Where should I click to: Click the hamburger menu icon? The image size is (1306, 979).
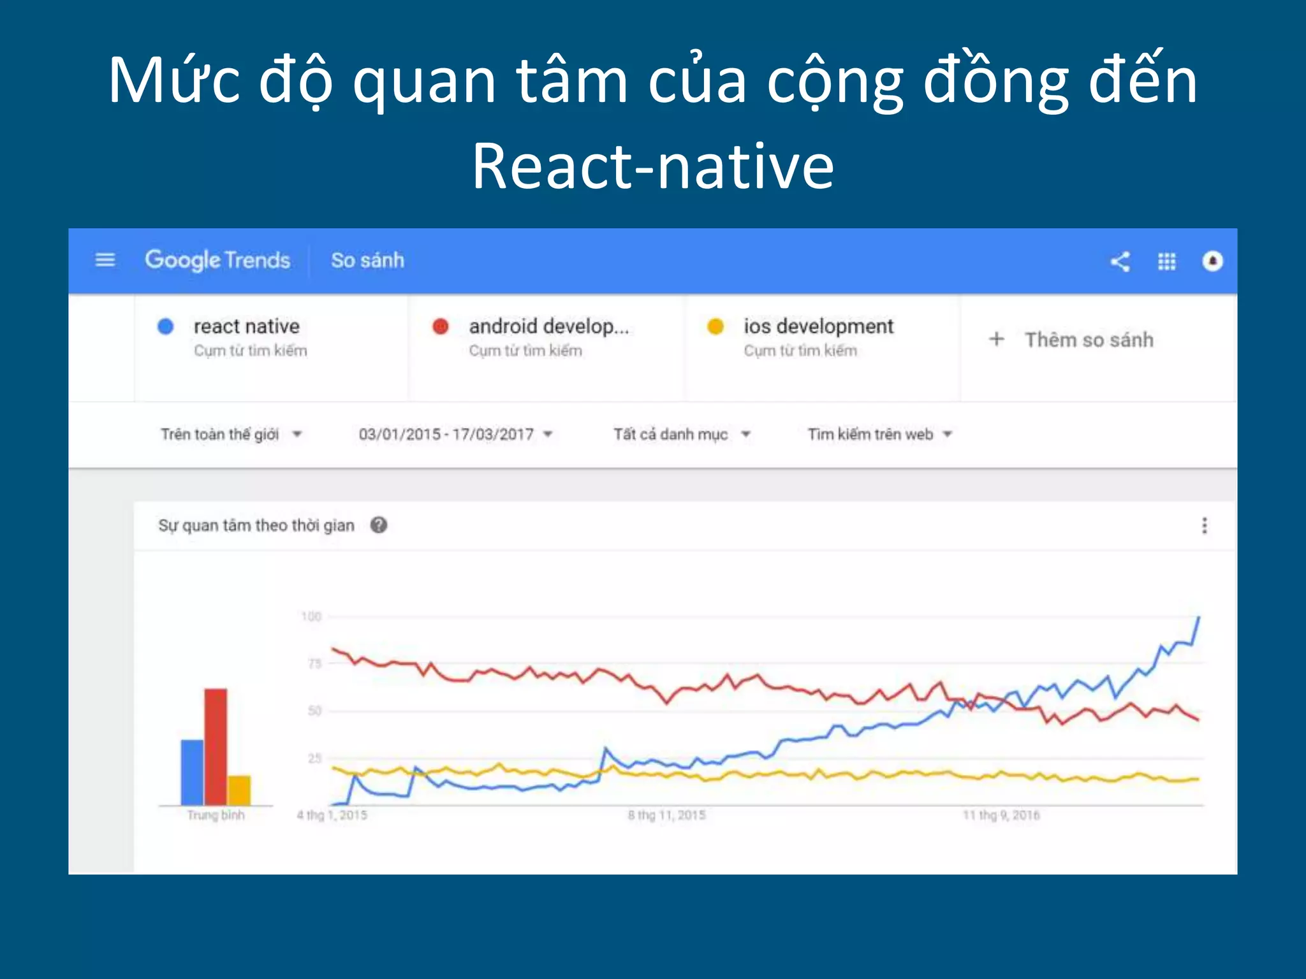[105, 260]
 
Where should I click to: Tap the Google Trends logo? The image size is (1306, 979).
[217, 260]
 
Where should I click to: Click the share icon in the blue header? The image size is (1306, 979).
[1120, 261]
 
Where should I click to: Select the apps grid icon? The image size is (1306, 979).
[1166, 261]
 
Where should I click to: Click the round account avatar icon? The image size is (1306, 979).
[1212, 261]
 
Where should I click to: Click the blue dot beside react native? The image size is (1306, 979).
[166, 326]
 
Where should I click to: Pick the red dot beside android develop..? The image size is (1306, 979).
[441, 326]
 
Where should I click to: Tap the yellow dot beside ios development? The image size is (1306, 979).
[715, 326]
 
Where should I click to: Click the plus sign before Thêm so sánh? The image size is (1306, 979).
[996, 339]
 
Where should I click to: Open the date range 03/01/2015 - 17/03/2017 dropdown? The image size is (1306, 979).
[455, 435]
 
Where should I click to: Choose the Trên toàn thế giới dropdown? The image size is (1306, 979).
[230, 435]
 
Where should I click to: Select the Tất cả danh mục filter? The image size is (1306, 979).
[681, 435]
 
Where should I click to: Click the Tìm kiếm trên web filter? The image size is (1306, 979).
[879, 435]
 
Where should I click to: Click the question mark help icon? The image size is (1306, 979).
[379, 525]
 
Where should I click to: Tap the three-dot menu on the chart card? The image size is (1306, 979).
[1204, 525]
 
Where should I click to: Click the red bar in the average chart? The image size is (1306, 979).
[216, 747]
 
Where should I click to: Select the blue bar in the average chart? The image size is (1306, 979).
[192, 772]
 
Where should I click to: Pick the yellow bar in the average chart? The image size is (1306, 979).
[239, 790]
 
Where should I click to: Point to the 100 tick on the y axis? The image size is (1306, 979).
[311, 616]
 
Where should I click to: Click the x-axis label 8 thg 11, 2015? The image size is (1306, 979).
[666, 815]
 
